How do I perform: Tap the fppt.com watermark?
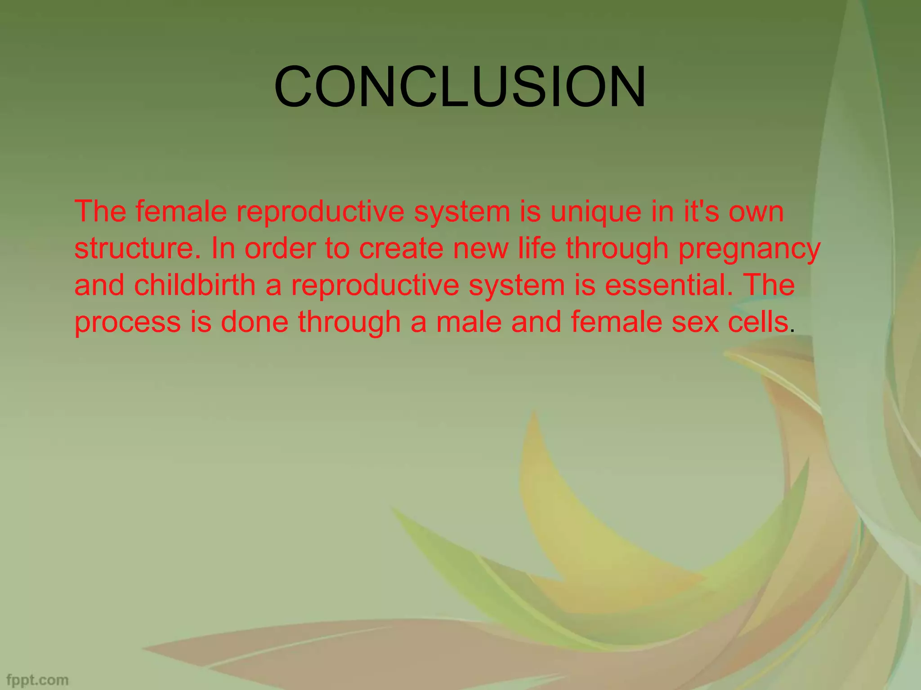point(38,680)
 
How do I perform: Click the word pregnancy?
point(749,250)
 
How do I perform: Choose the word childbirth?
point(194,285)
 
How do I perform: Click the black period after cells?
point(792,331)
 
